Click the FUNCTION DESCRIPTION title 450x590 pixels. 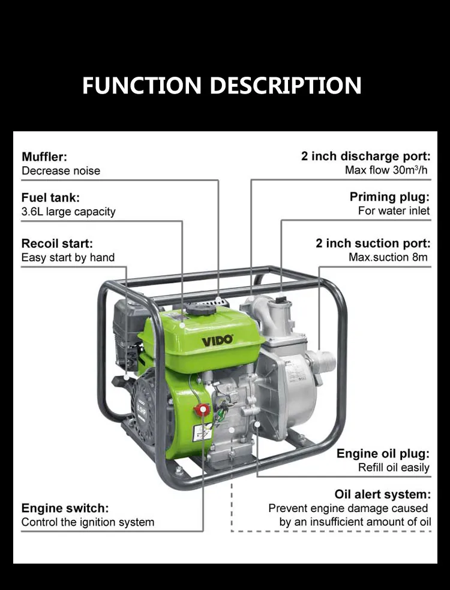221,85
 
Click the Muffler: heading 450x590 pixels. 44,157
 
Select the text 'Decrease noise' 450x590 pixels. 61,171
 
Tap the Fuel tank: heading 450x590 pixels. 50,197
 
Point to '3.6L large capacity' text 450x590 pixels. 68,212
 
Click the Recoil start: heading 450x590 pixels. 57,243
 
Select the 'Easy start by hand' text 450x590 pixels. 68,258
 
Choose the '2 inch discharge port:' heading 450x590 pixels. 365,156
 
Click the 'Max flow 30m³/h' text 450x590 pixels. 387,170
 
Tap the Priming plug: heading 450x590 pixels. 389,197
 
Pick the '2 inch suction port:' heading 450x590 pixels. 373,243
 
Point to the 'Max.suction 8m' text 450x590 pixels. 389,257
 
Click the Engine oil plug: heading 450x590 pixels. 383,453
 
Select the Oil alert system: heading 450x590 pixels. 382,494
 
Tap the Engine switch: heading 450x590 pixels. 65,508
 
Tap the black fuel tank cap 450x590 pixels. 199,309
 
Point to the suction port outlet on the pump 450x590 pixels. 325,362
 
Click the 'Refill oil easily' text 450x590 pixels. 394,468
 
